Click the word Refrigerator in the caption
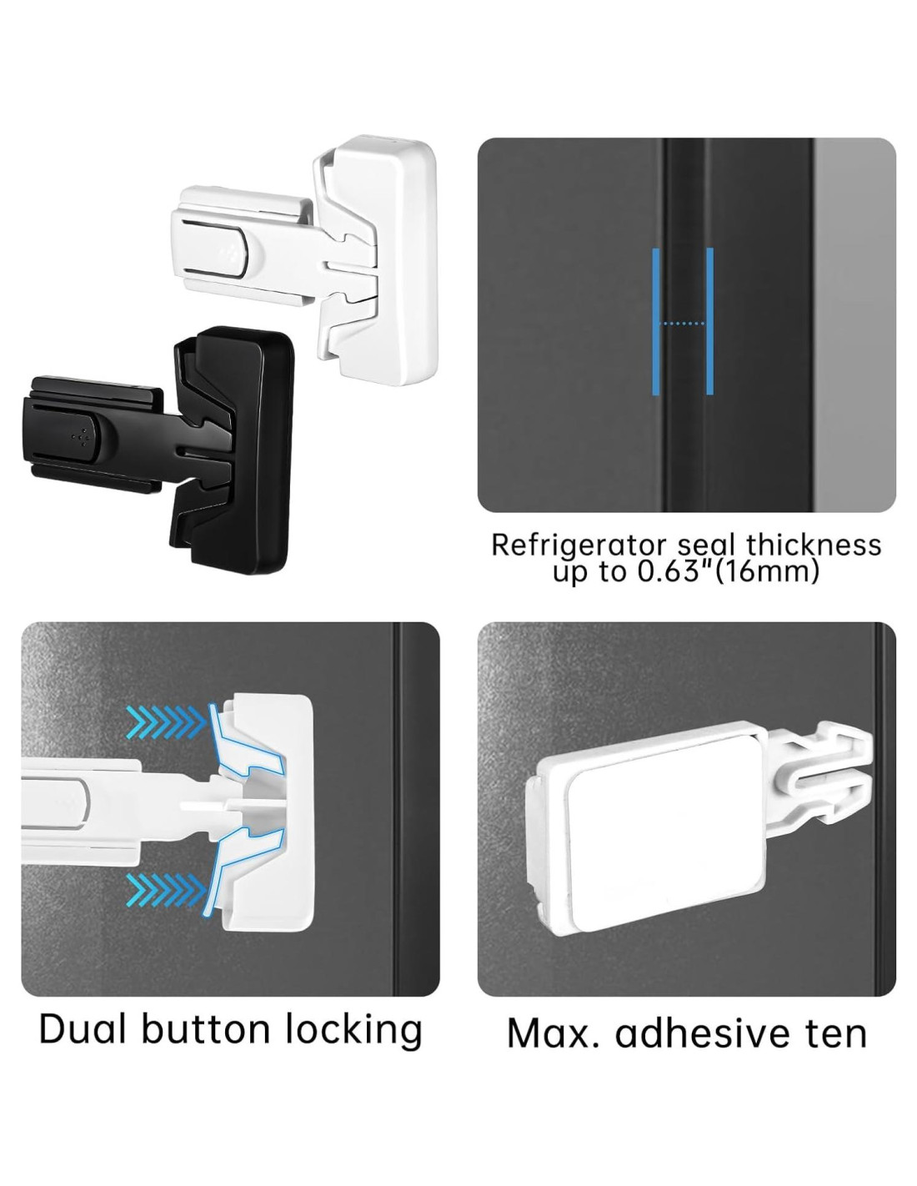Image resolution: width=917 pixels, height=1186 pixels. tap(579, 545)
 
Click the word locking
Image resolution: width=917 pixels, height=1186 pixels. tap(354, 1033)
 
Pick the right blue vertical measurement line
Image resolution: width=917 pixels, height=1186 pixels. tap(709, 321)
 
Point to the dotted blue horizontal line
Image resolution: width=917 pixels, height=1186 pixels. tap(683, 324)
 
